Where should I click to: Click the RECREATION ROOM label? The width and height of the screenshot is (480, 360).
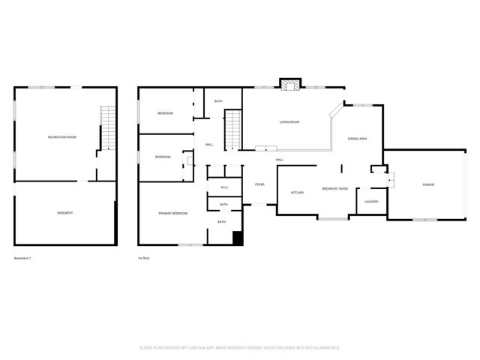coord(62,137)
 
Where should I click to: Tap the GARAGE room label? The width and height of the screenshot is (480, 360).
coord(428,184)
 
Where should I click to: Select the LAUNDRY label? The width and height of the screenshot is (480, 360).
coord(371,201)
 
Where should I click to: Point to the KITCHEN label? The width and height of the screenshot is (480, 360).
coord(297,193)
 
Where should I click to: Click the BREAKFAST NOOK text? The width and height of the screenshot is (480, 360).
coord(334,189)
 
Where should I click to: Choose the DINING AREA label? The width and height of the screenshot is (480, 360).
coord(357,139)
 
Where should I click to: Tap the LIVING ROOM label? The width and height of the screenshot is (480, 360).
coord(289,121)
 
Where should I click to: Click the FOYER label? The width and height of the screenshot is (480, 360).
coord(259,184)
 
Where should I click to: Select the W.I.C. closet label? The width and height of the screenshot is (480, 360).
coord(224,187)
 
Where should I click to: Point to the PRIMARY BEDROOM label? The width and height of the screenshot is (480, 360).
coord(172,214)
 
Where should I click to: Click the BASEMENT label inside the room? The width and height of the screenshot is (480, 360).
coord(65,213)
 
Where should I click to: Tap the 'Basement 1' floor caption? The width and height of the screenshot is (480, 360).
coord(22,259)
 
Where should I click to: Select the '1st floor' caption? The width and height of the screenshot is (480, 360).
coord(143,259)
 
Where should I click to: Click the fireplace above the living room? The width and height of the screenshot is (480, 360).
coord(289,84)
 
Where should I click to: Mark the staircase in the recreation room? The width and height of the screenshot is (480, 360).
coord(109,127)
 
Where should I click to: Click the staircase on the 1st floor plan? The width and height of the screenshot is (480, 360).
coord(234,129)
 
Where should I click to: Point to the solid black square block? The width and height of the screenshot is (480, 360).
coord(238,239)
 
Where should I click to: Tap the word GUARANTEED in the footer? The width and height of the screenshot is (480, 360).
coord(325,348)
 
